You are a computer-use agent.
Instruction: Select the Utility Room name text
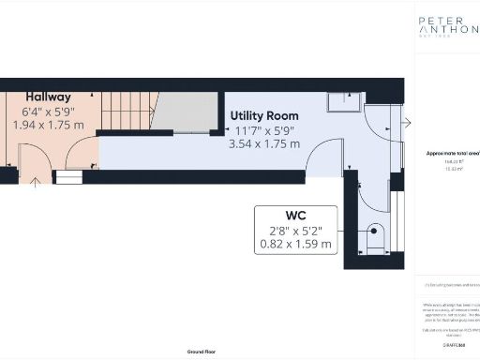(x=264, y=114)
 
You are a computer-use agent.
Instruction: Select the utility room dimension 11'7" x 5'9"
(x=264, y=129)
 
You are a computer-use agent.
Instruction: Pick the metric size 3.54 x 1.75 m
(x=264, y=144)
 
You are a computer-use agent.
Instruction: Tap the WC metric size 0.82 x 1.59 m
(x=294, y=245)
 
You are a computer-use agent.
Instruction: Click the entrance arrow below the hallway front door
(x=36, y=181)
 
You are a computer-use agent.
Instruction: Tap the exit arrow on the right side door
(x=407, y=123)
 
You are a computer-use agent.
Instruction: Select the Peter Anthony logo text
(x=448, y=23)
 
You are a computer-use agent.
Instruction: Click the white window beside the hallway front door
(x=68, y=175)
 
